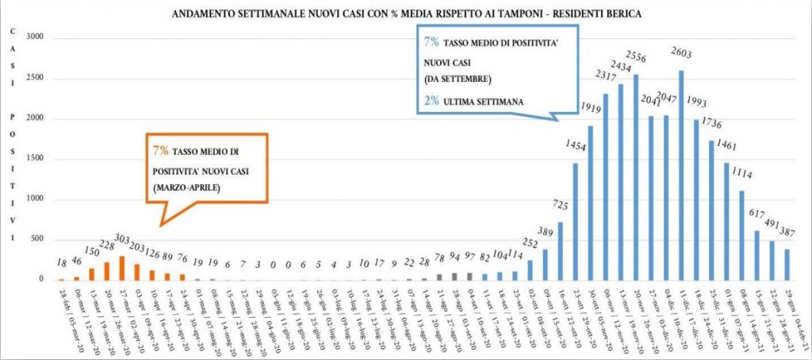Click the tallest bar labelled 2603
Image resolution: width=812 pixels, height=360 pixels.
681,175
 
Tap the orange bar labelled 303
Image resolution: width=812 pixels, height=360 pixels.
122,268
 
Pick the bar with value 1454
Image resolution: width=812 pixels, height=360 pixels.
575,221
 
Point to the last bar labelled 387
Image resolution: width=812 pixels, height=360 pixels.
787,264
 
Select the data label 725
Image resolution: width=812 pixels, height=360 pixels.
561,205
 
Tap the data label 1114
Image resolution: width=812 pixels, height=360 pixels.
742,174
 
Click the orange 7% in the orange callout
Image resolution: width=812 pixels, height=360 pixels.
159,150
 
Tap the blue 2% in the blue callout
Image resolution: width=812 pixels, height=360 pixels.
432,101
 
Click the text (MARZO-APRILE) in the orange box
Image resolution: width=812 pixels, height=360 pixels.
189,189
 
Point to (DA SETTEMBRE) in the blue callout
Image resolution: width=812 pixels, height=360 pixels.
458,79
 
